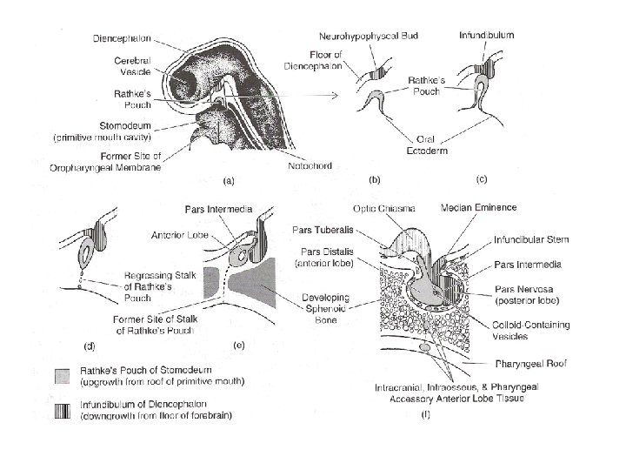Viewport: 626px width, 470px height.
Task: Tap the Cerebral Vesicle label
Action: point(134,66)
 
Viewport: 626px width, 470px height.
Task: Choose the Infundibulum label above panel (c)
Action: point(486,36)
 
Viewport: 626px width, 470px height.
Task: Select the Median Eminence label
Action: point(479,207)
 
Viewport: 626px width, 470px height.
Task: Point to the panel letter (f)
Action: point(424,416)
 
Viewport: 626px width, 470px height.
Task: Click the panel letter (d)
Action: point(88,346)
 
